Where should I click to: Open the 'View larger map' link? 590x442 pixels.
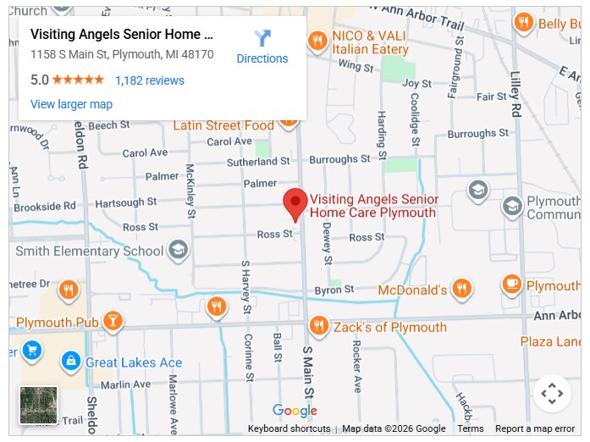coord(71,104)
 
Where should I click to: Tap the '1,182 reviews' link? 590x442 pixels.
coord(149,80)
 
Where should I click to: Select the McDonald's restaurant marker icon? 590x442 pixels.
coord(461,290)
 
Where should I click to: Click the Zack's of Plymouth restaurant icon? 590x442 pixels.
coord(318,326)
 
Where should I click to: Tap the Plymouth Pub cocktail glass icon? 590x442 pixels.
coord(112,322)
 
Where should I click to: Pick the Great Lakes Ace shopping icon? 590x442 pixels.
coord(71,362)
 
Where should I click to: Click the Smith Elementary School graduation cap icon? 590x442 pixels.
coord(178,250)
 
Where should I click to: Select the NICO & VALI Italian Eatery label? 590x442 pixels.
coord(370,43)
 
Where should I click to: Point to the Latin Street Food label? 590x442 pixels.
coord(223,125)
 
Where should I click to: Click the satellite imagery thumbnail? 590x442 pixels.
coord(39,405)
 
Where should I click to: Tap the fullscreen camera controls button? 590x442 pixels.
coord(552,394)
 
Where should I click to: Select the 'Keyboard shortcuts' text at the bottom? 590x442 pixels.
coord(289,428)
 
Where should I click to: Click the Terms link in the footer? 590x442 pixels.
coord(471,428)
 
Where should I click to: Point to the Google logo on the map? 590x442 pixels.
coord(295,412)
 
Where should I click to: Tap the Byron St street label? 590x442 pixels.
coord(334,290)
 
